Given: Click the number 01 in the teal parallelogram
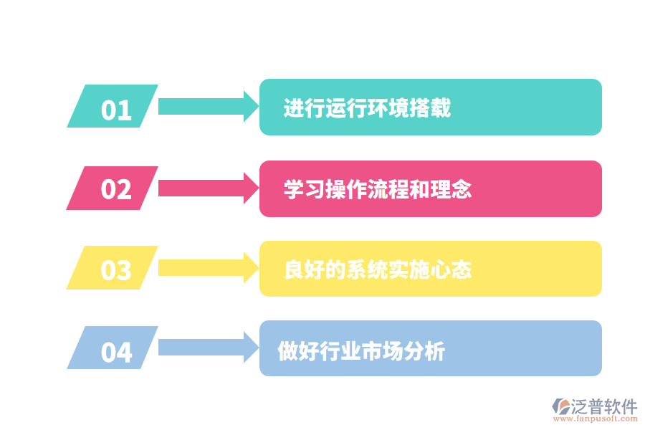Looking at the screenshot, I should [x=116, y=110].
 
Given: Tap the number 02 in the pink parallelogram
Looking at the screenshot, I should [x=116, y=190].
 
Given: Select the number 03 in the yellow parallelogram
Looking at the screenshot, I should [x=116, y=271].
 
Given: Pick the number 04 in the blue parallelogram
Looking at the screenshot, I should [x=116, y=353].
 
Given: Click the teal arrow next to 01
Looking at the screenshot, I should [x=207, y=107].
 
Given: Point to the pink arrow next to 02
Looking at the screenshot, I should [x=207, y=188].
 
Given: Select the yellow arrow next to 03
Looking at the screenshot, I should [x=207, y=268].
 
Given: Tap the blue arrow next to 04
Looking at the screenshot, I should [x=207, y=348].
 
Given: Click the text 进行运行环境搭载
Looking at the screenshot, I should [x=367, y=108].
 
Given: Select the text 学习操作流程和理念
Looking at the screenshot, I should [x=378, y=190].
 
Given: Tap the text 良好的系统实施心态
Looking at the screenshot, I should [x=378, y=270].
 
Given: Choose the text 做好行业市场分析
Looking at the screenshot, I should [x=362, y=351].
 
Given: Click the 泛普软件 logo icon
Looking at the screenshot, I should [x=560, y=406].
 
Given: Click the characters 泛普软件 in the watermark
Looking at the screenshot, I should [x=604, y=406].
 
